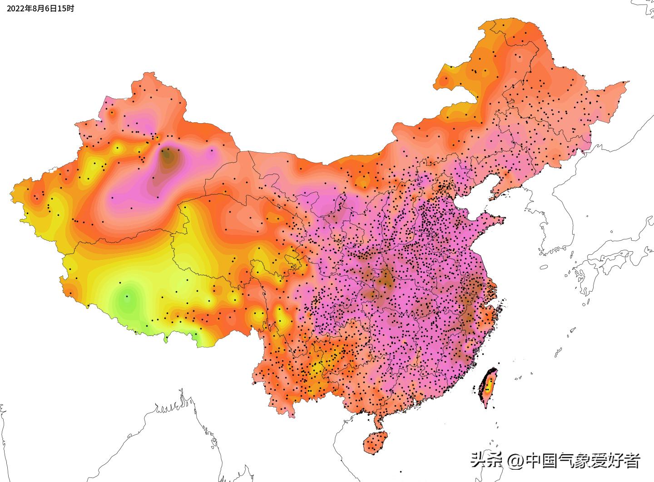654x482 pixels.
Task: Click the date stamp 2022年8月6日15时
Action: tap(40, 9)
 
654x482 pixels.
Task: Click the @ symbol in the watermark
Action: tap(515, 461)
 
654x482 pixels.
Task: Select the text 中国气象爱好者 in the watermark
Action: tap(582, 461)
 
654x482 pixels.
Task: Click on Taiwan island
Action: tap(488, 388)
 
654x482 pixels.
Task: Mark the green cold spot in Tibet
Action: tap(127, 298)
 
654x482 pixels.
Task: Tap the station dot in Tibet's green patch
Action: tap(127, 297)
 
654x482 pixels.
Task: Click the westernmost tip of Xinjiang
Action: tap(11, 198)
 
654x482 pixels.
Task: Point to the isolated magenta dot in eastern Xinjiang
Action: tap(212, 153)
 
